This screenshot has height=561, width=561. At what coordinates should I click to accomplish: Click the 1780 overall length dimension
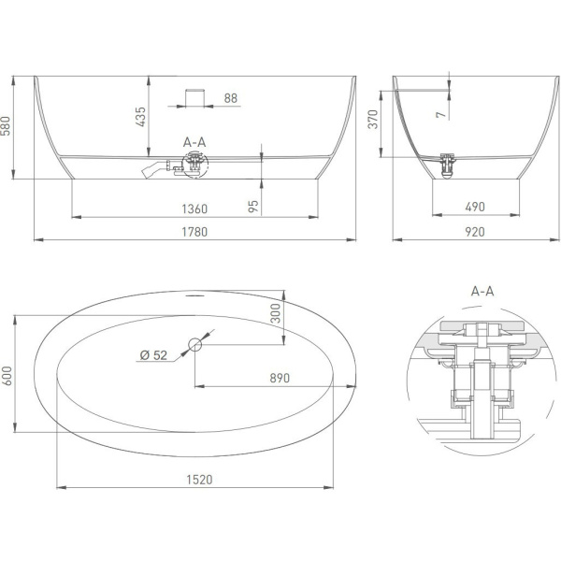194,232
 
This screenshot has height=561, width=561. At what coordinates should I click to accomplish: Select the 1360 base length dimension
194,209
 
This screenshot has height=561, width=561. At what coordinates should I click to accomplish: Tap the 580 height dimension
6,125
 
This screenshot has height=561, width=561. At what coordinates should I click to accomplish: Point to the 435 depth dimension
141,117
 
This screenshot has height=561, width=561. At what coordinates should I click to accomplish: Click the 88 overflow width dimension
231,98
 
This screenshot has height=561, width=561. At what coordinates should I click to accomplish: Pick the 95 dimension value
253,207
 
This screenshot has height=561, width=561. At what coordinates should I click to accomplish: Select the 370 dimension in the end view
373,120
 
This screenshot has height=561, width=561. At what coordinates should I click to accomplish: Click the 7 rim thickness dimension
441,114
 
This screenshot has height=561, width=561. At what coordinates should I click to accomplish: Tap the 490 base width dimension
475,207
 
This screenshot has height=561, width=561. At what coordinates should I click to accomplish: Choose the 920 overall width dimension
475,232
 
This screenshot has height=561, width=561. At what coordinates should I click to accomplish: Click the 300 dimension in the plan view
276,313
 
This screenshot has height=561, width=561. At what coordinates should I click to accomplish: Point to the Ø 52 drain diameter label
154,355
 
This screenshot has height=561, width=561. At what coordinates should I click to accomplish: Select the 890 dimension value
280,378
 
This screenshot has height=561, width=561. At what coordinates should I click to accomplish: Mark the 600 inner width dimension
7,376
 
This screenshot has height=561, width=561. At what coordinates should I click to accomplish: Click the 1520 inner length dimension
200,480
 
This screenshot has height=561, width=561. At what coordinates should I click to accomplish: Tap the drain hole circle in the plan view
195,344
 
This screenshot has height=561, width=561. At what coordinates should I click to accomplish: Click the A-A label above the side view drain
194,142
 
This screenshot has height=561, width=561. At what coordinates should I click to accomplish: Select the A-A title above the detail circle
482,292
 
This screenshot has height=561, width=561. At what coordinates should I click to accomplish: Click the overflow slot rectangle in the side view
194,97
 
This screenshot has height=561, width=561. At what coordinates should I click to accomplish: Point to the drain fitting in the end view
447,165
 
